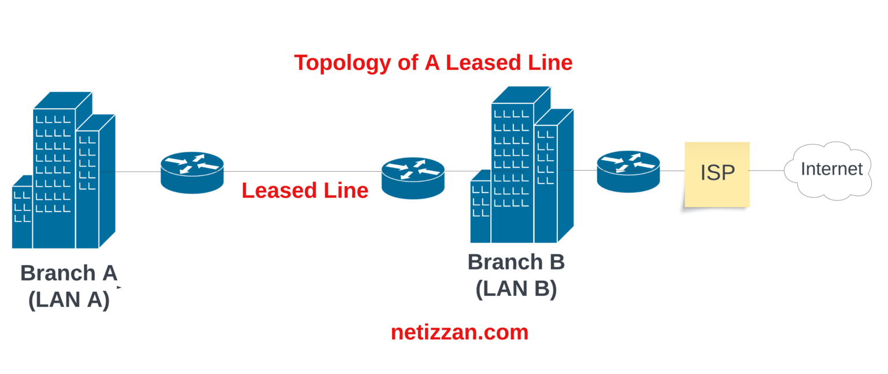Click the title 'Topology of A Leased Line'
433,62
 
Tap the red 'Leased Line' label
305,190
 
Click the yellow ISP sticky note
717,174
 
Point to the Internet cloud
830,171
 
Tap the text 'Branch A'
68,273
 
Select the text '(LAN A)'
69,299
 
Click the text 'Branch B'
516,262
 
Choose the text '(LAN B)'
516,288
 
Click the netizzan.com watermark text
460,332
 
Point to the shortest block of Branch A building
23,214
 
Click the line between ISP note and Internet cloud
767,171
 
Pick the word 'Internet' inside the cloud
831,169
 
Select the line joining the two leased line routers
301,171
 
